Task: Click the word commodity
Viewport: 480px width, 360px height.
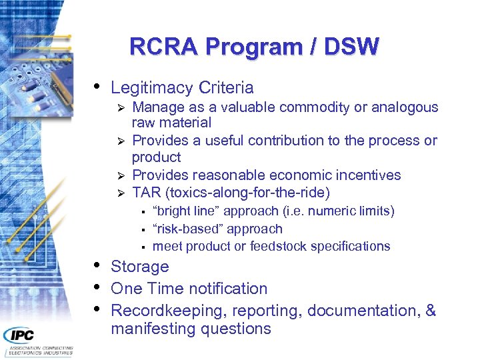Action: (x=319, y=107)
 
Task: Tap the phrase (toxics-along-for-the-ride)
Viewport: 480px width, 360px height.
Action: (x=247, y=193)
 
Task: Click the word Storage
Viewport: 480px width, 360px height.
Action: (x=139, y=267)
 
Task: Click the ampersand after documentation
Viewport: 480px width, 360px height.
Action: (x=430, y=311)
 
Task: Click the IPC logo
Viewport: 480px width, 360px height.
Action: (x=20, y=335)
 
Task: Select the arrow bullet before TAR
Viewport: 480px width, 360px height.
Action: (x=121, y=193)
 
